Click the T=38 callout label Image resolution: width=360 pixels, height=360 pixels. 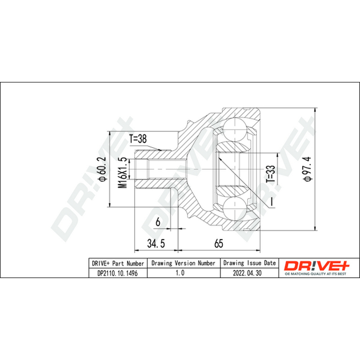tap(138, 139)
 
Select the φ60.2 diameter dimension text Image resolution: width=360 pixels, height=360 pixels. tap(103, 169)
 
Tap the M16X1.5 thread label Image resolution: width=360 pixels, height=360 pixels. tap(122, 173)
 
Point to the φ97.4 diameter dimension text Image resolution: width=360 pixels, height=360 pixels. tap(307, 169)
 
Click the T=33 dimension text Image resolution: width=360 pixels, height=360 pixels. tap(270, 174)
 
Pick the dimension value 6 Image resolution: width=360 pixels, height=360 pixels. tap(158, 222)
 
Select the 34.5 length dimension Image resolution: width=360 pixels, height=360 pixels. tap(156, 243)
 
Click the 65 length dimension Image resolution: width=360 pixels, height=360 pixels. tap(219, 243)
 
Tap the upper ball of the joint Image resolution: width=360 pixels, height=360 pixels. tap(235, 129)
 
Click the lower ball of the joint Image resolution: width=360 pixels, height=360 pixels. tap(235, 208)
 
